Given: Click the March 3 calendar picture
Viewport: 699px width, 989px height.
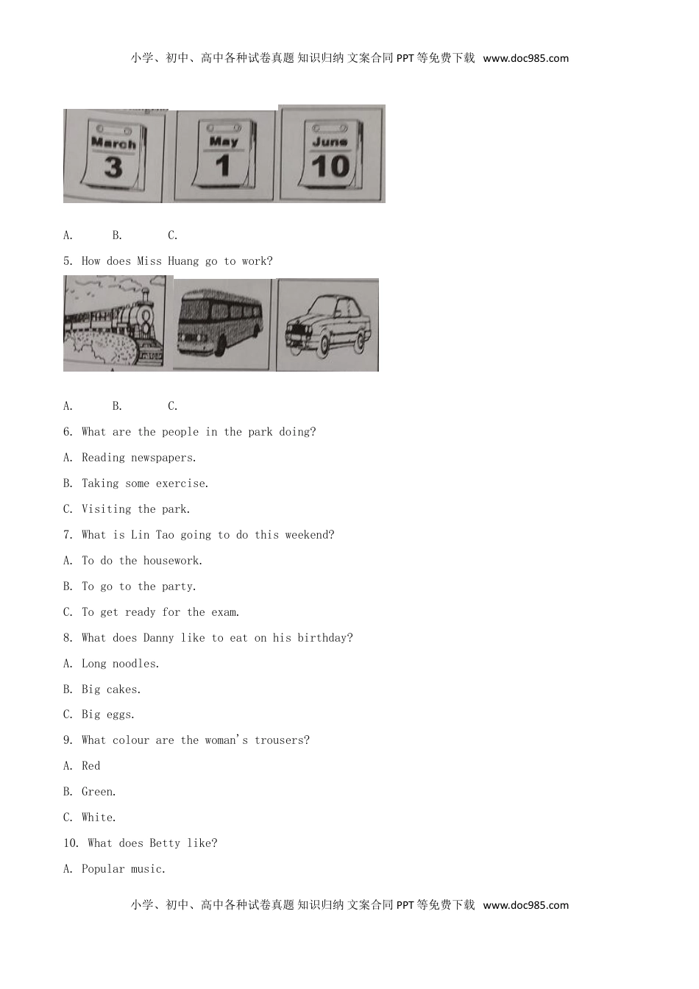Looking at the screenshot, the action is pos(114,156).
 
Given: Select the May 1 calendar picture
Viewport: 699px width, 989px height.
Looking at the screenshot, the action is pos(224,156).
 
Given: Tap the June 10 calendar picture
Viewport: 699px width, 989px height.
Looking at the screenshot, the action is pos(332,154).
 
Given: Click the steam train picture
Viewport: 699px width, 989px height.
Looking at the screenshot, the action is pos(115,323).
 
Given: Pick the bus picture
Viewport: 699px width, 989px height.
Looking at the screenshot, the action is pos(221,324).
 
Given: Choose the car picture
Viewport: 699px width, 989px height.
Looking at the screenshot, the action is pos(327,325).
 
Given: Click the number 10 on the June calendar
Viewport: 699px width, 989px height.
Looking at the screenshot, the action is pos(330,166).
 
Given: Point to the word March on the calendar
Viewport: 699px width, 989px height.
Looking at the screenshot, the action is pos(113,143).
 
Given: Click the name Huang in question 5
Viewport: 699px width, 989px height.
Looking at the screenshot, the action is pos(183,261).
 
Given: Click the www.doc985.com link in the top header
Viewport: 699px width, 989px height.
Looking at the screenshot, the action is pos(525,58).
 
